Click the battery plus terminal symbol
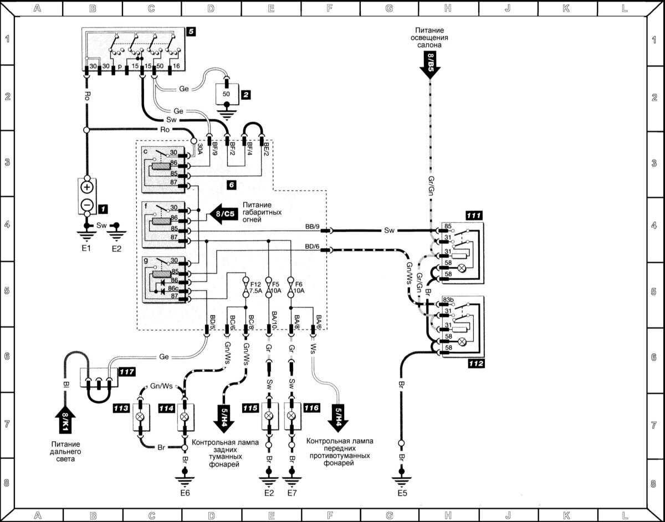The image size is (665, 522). pyautogui.click(x=88, y=187)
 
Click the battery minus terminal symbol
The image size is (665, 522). pyautogui.click(x=88, y=204)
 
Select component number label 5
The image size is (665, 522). pyautogui.click(x=190, y=32)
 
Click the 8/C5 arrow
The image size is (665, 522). pyautogui.click(x=222, y=213)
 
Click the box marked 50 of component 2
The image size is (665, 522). pyautogui.click(x=227, y=94)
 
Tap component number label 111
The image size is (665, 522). pyautogui.click(x=474, y=216)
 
